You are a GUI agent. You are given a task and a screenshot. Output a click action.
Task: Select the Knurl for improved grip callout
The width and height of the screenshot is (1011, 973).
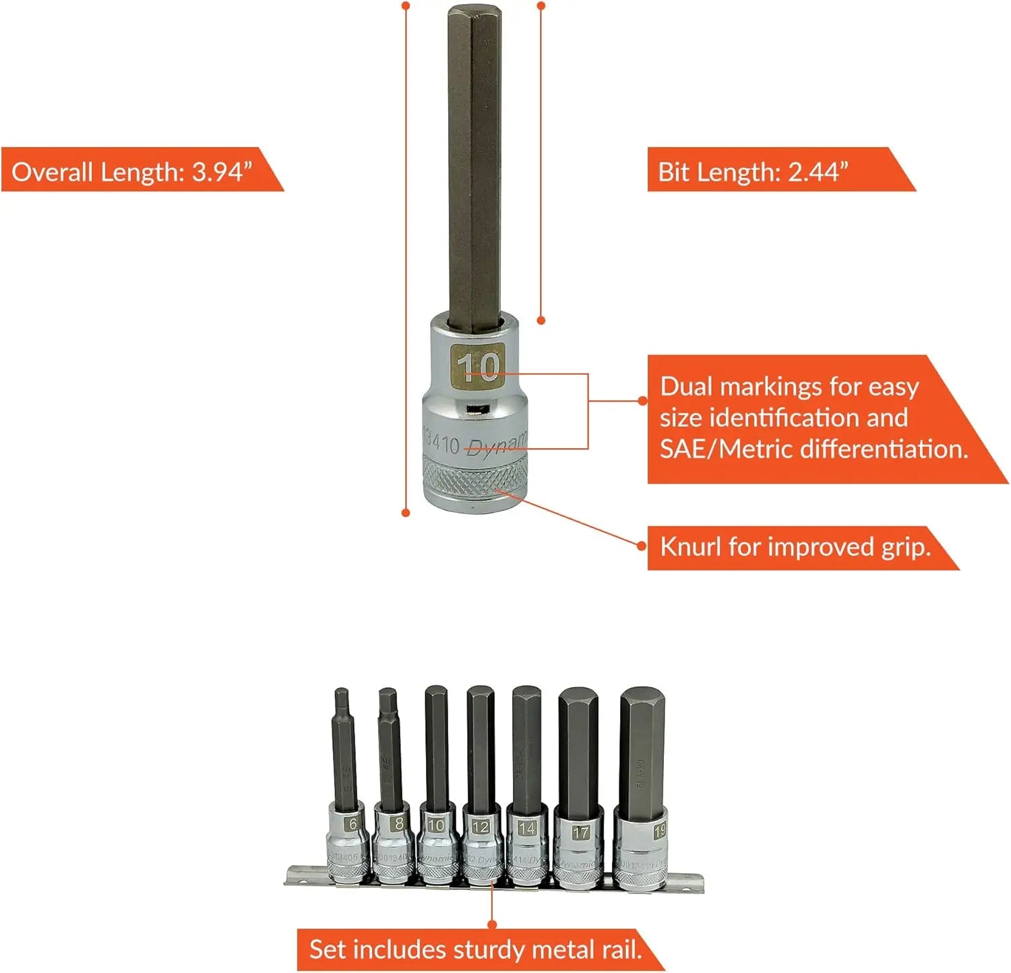click(795, 547)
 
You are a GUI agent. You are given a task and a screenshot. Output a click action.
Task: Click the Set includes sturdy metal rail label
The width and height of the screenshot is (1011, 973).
click(475, 949)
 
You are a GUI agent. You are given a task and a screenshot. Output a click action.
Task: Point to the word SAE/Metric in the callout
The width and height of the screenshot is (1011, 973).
click(714, 449)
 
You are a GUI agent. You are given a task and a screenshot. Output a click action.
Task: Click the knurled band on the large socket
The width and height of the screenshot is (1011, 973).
click(476, 475)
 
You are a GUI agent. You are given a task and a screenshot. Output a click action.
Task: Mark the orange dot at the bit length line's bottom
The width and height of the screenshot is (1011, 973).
click(541, 321)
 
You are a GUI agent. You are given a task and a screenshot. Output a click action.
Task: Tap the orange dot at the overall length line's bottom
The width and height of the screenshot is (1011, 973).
click(406, 513)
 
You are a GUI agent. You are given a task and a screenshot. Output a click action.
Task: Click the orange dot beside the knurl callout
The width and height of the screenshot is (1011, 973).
click(642, 546)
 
